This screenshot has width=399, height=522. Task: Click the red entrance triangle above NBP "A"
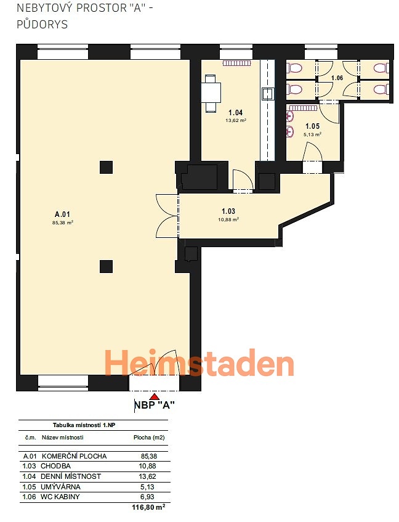pos(154,396)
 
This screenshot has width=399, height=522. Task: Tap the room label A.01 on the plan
pos(63,214)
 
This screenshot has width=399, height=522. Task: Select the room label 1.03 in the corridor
pos(228,211)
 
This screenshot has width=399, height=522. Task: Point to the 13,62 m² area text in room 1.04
pos(236,121)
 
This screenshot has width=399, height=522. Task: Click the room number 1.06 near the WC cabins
pos(337,78)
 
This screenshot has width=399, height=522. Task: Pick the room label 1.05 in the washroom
pos(313,126)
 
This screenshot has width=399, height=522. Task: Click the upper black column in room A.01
pos(106,167)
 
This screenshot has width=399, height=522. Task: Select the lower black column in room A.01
pos(106,267)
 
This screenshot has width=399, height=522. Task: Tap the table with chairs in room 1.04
pos(211,93)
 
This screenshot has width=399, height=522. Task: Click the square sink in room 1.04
pos(268,94)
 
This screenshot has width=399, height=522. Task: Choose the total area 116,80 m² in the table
pos(148,507)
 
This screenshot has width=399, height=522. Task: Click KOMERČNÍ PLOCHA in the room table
pos(74,456)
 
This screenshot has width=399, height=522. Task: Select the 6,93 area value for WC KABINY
pos(147,497)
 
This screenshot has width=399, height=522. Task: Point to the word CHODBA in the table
pos(55,466)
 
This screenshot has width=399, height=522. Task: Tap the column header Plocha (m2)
pos(149,438)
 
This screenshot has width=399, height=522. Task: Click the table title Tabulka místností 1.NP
pos(84,425)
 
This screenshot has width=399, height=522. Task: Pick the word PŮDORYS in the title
pos(42,24)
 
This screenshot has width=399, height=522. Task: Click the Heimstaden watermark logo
pos(199,363)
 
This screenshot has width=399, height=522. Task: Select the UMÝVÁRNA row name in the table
pos(60,487)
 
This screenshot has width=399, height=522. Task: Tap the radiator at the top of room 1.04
pos(236,63)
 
